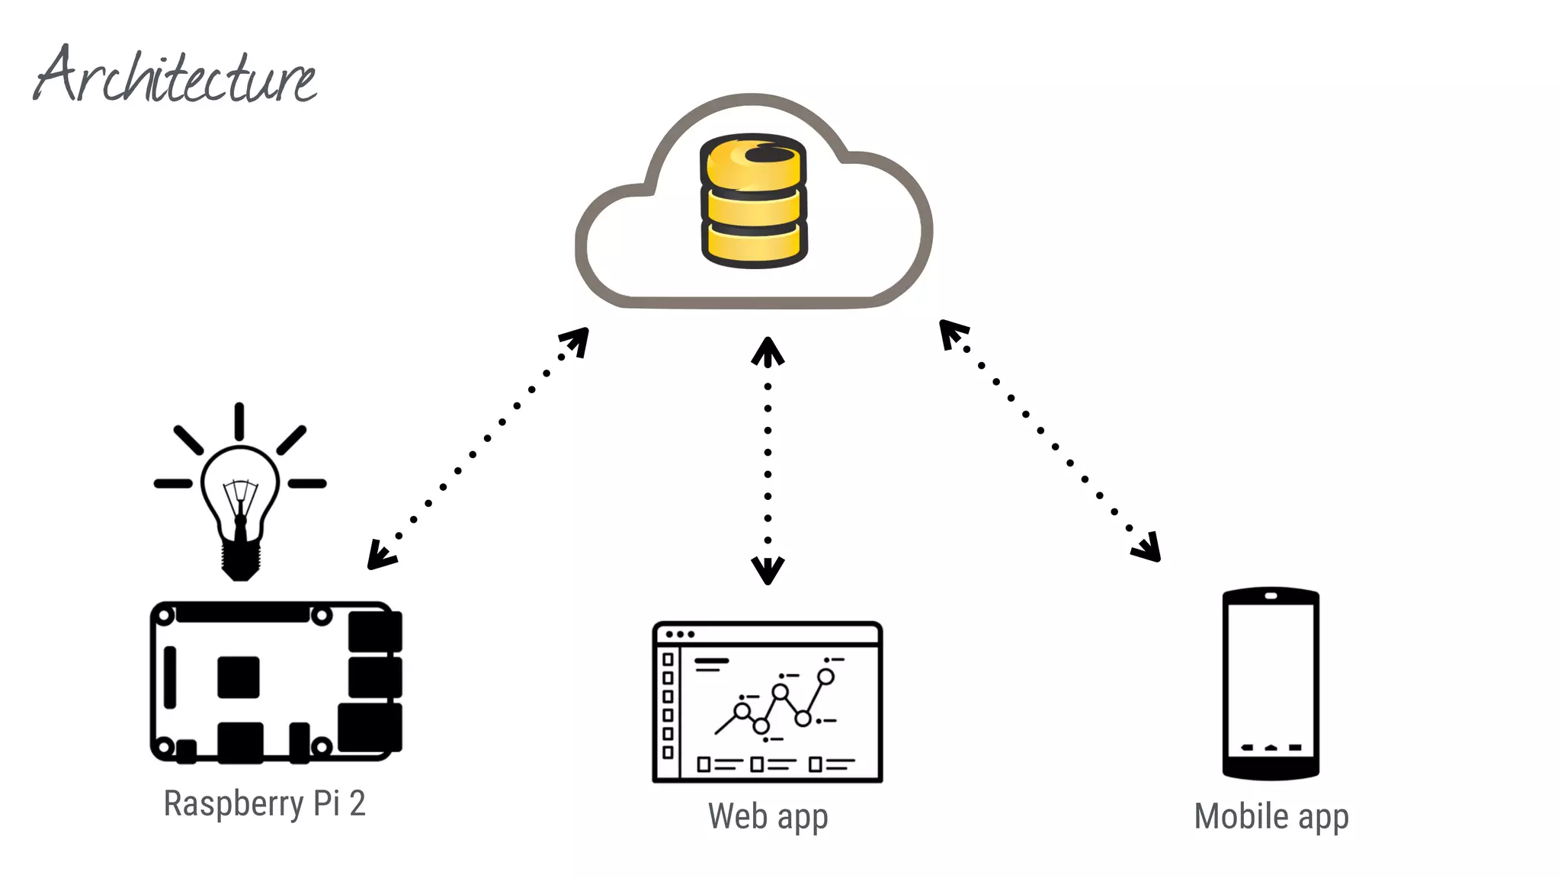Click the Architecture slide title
coord(175,76)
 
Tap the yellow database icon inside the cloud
coord(753,201)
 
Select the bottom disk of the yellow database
coord(753,244)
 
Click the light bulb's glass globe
coord(240,488)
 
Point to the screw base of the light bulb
coord(241,560)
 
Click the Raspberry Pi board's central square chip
coord(239,677)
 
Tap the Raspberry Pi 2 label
coord(264,803)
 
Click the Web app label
coord(768,816)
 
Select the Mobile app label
coord(1271,816)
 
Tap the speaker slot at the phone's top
coord(1271,596)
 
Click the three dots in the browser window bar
coord(680,634)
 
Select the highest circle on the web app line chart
coord(825,677)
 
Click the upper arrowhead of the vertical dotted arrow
coord(768,351)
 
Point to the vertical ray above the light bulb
coord(239,421)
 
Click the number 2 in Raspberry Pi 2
coord(357,803)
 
